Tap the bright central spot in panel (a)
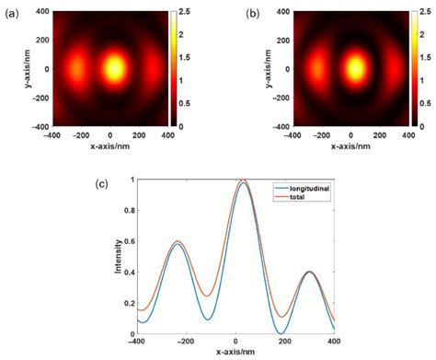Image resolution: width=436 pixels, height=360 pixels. pos(113,67)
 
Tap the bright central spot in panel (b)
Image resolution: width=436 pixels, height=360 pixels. pos(354,67)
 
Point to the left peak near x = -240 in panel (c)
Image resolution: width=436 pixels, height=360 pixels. pos(177,242)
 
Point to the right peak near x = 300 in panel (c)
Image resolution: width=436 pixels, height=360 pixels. pos(310,272)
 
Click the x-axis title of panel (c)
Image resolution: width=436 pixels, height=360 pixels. pos(235,354)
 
